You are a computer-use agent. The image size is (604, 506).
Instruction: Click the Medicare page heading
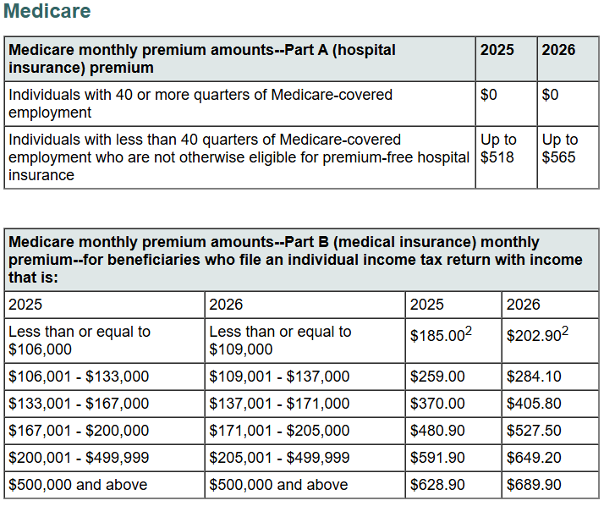[x=47, y=12]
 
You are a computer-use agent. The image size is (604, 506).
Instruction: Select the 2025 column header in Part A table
[x=497, y=50]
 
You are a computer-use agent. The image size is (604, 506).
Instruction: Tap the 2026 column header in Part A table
[x=558, y=50]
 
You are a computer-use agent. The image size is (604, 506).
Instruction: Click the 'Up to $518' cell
[x=498, y=148]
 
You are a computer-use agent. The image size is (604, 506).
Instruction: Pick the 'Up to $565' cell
[x=560, y=148]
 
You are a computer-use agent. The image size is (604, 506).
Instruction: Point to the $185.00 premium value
[x=437, y=336]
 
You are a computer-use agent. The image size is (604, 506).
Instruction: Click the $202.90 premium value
[x=534, y=336]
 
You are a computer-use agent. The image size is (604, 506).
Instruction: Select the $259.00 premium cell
[x=437, y=377]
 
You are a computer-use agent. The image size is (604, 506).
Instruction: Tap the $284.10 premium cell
[x=534, y=377]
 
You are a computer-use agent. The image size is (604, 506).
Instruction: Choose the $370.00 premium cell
[x=437, y=404]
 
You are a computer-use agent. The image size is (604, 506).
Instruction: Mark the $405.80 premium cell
[x=534, y=404]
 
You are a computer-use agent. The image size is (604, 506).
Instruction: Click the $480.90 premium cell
[x=437, y=431]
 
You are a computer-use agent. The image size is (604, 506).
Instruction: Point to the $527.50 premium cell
[x=534, y=431]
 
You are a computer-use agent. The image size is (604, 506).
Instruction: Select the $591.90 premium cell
[x=437, y=458]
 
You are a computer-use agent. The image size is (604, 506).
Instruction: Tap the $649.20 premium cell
[x=534, y=458]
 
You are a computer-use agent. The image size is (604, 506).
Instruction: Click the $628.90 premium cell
[x=437, y=485]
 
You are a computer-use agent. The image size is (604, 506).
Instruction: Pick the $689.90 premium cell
[x=534, y=485]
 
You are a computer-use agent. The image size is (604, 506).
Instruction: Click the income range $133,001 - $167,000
[x=79, y=404]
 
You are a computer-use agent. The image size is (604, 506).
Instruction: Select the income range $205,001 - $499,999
[x=279, y=458]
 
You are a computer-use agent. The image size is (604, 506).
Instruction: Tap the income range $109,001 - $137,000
[x=279, y=377]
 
